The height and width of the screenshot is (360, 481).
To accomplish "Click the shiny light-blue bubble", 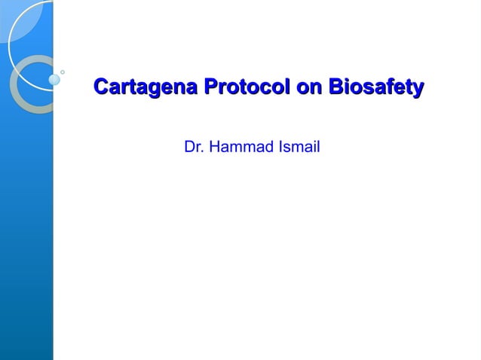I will (54, 79).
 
